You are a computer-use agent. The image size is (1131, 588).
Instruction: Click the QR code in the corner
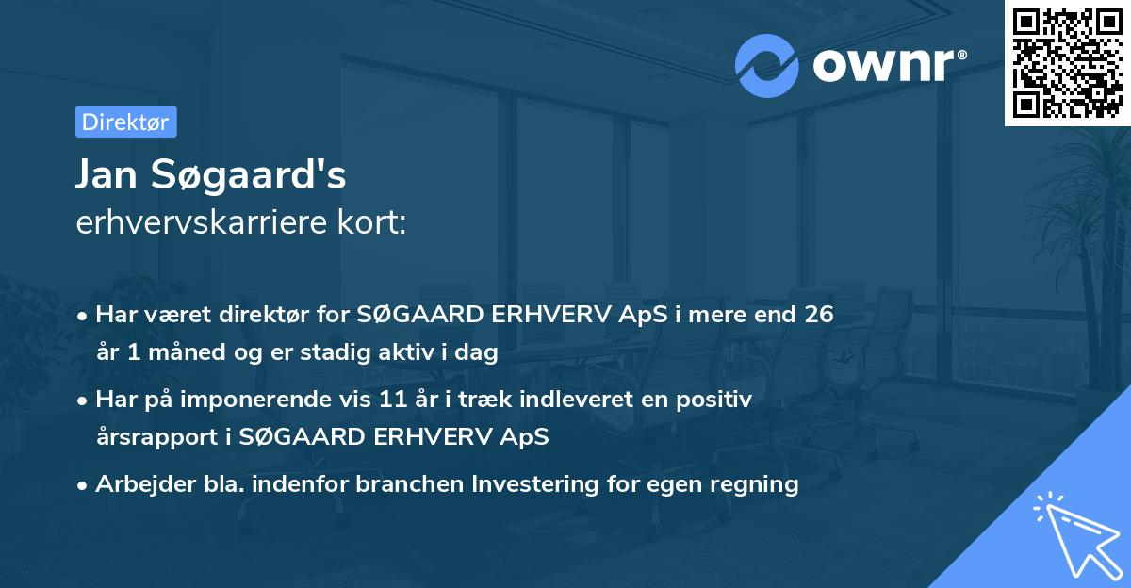click(x=1066, y=63)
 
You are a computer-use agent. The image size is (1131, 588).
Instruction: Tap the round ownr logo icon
click(x=767, y=66)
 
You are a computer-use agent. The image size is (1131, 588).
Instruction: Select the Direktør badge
click(x=124, y=122)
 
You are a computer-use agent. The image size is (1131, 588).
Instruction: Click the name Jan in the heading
click(x=106, y=176)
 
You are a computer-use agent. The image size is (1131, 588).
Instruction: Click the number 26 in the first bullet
click(x=818, y=314)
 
